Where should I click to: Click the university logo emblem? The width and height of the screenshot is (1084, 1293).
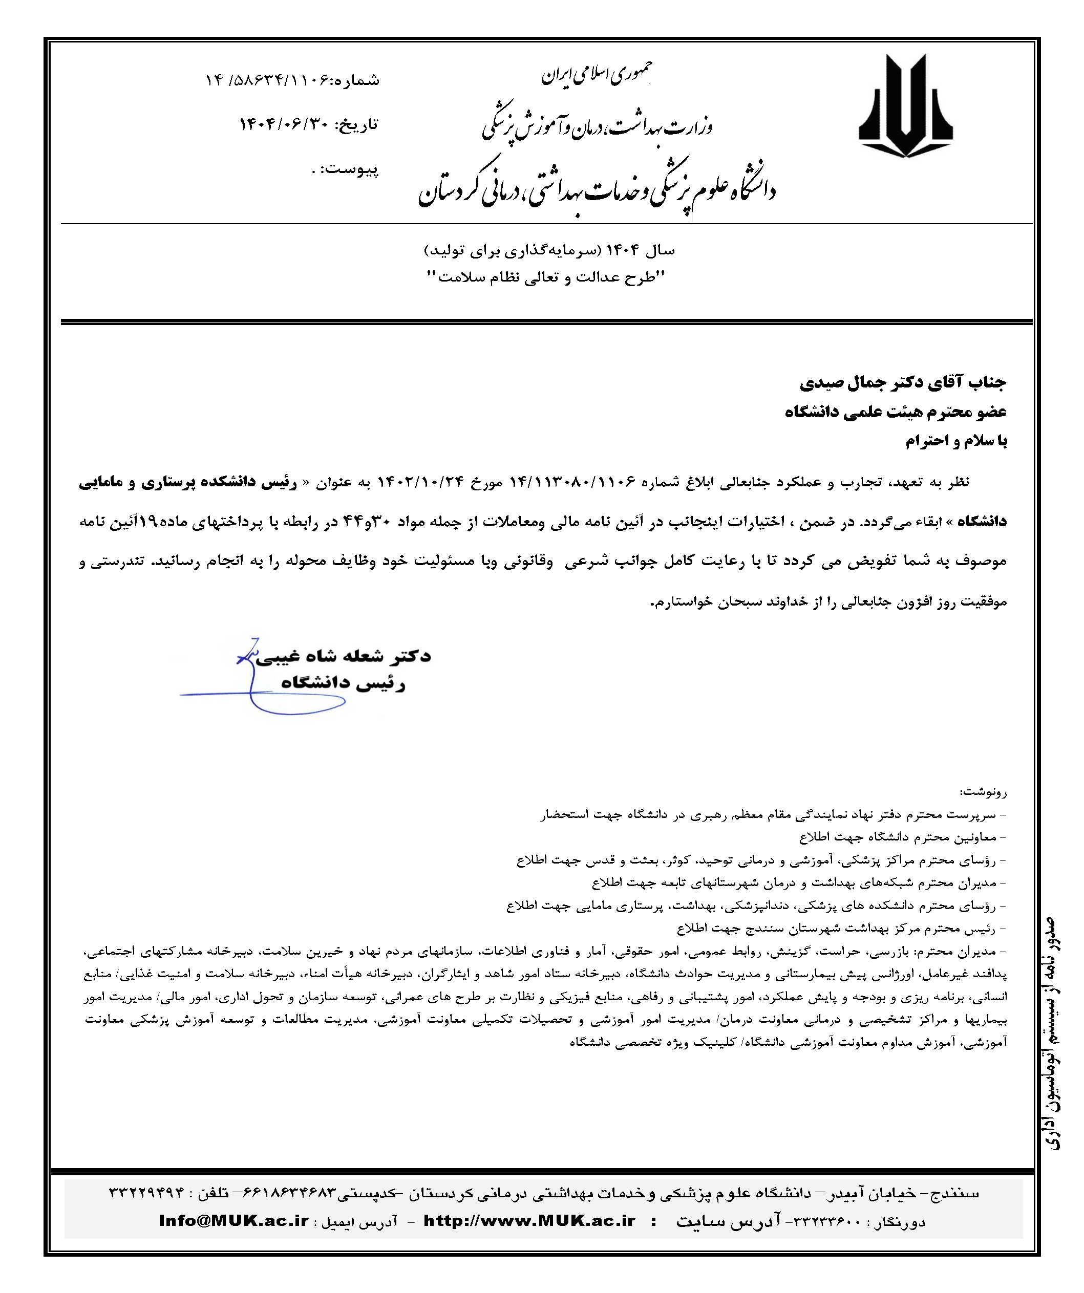tap(905, 106)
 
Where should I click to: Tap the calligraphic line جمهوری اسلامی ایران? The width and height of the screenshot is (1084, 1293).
tap(596, 75)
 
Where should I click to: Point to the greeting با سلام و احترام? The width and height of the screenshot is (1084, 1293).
tap(956, 441)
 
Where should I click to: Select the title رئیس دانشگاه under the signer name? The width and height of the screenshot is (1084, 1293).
tap(343, 683)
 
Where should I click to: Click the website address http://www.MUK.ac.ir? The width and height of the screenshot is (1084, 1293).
tap(529, 1221)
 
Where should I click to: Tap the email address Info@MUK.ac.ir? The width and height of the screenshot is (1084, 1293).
tap(233, 1221)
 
